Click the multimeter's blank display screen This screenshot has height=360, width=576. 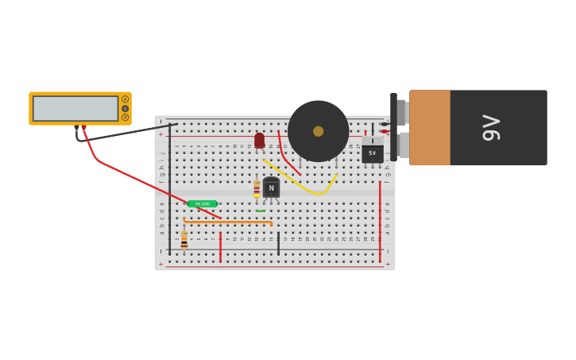click(75, 109)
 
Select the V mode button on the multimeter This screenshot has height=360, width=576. click(125, 108)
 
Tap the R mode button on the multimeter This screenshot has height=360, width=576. click(125, 118)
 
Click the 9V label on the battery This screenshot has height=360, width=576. click(492, 128)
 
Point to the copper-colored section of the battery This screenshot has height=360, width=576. click(429, 127)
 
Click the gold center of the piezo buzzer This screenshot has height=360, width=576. click(318, 131)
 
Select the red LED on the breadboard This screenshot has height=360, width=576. click(259, 141)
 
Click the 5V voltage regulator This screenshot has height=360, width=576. click(372, 151)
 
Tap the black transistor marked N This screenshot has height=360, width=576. click(271, 188)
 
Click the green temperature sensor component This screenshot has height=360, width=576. click(202, 204)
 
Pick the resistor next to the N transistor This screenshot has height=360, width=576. click(257, 189)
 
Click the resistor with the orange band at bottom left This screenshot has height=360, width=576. click(184, 240)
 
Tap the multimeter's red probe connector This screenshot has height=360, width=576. click(83, 127)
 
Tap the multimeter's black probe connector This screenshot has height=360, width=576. click(77, 127)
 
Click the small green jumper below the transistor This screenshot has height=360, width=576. click(260, 211)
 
